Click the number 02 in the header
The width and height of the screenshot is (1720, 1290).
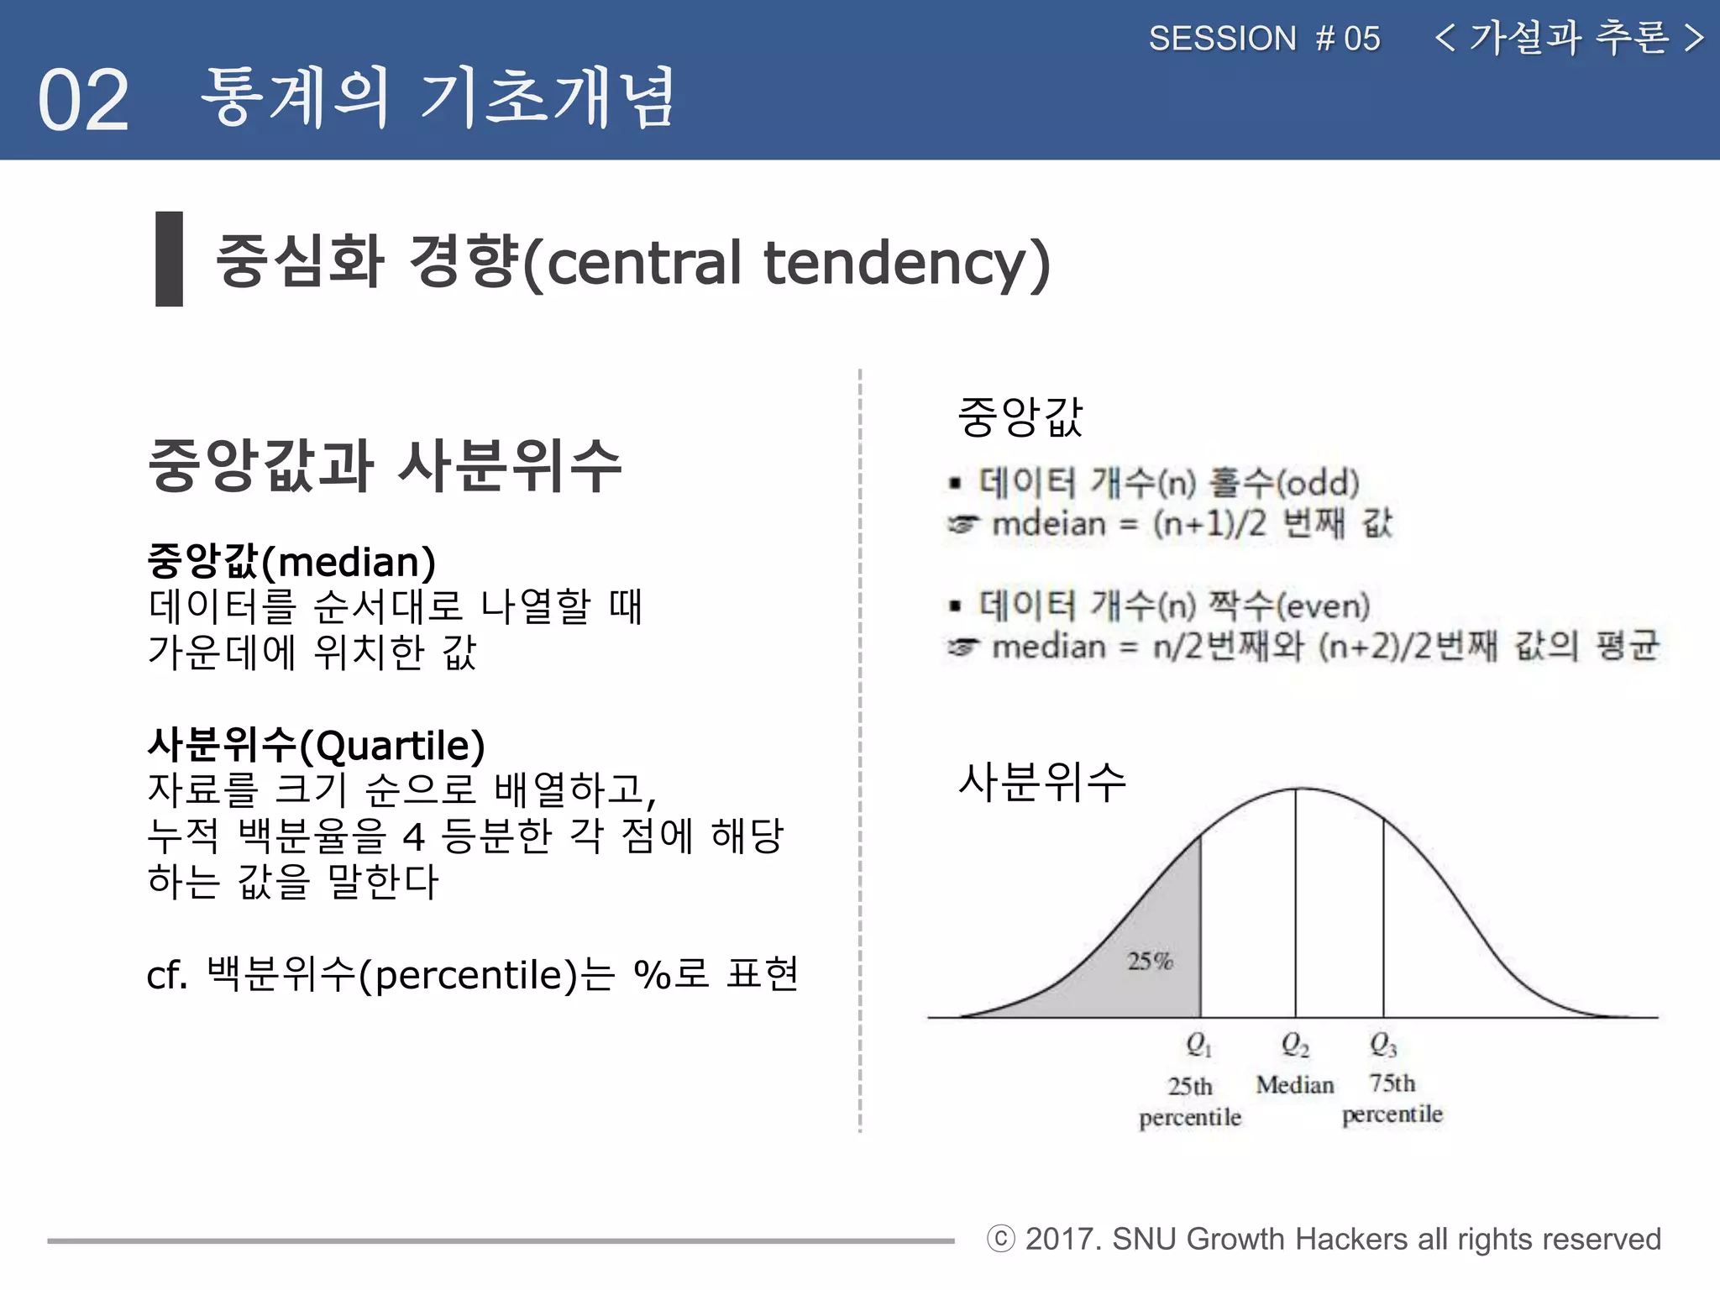point(83,101)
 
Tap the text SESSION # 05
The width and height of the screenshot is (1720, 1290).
point(1264,39)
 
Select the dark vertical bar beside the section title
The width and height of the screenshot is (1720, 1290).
point(169,259)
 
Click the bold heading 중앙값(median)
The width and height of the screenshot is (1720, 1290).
point(291,562)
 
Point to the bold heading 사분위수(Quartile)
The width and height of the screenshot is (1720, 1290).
point(316,745)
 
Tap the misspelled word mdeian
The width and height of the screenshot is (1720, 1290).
point(1049,524)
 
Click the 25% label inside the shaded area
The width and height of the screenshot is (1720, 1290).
point(1149,961)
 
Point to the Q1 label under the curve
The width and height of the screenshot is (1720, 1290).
point(1198,1045)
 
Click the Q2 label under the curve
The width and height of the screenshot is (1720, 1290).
point(1294,1045)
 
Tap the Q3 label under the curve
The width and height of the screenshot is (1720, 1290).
point(1382,1045)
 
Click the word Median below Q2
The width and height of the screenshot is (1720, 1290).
point(1294,1085)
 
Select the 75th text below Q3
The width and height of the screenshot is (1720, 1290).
point(1392,1083)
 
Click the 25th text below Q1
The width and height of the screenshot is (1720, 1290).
point(1189,1087)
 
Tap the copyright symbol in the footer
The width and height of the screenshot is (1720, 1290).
point(1000,1239)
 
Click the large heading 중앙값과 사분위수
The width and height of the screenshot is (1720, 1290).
point(385,465)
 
